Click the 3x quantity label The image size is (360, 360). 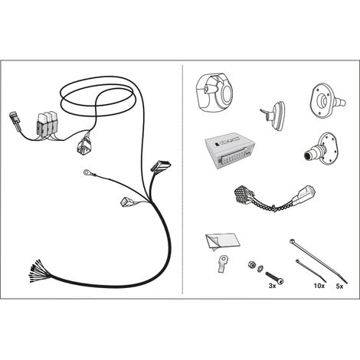(272, 286)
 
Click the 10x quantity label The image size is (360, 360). (319, 286)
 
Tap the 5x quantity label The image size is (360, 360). (339, 286)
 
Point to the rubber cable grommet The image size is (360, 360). (273, 115)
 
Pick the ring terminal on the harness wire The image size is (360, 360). (87, 173)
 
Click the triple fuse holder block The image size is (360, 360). (47, 124)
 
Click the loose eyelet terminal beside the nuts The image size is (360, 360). (223, 263)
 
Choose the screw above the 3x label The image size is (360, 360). (275, 277)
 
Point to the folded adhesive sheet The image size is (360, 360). (223, 241)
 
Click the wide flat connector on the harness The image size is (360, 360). (161, 166)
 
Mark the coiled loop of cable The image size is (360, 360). (97, 98)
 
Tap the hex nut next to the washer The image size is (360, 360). (252, 264)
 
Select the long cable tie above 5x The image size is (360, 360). (319, 260)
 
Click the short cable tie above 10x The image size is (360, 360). (311, 270)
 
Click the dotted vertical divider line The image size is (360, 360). (182, 179)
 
